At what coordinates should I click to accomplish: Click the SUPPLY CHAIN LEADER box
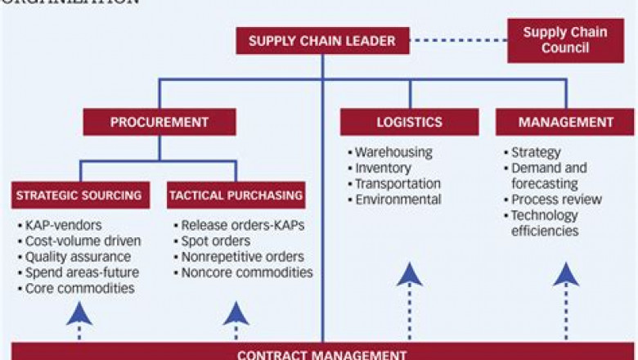pos(322,41)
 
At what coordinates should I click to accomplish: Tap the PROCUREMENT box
pos(159,123)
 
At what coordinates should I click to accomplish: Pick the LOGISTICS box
pos(409,123)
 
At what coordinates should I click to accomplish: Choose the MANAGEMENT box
pos(565,123)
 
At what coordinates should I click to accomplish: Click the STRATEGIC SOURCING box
pos(79,196)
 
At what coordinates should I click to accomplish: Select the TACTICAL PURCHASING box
pos(236,196)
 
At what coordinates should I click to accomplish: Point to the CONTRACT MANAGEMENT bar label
pos(321,354)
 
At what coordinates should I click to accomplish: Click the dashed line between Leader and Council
pos(458,40)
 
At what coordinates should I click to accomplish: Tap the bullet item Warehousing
pos(393,152)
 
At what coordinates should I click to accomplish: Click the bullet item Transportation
pos(398,184)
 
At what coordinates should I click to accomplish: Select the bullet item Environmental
pos(398,200)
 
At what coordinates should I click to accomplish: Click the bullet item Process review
pos(555,200)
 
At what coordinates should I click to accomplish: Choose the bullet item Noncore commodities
pos(246,272)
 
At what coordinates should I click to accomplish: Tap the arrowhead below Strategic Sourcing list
pos(79,313)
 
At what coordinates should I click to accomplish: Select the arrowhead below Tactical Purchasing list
pos(236,313)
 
